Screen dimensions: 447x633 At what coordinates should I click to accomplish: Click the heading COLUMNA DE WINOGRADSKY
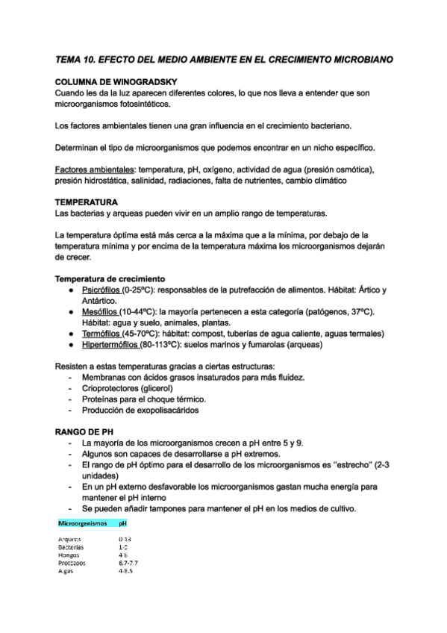(x=116, y=81)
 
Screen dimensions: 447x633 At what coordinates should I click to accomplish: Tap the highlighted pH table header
(x=123, y=524)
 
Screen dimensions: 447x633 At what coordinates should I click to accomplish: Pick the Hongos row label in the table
(x=69, y=555)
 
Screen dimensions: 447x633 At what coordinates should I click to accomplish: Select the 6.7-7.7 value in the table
(x=128, y=562)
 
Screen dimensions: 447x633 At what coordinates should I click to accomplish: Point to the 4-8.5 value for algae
(x=125, y=570)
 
